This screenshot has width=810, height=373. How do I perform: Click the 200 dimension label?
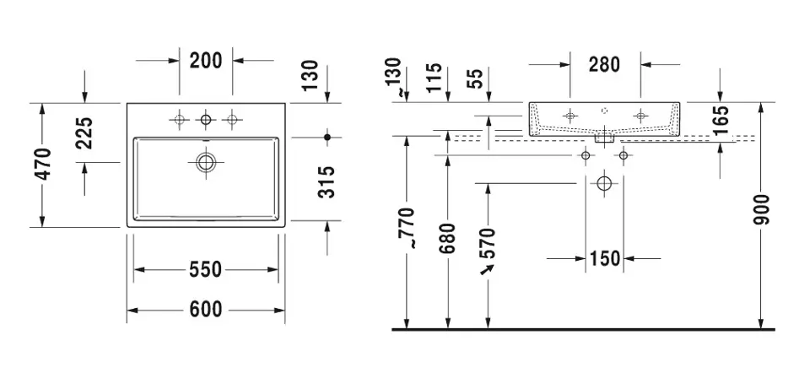(206, 61)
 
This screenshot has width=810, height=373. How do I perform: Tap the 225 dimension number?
(84, 132)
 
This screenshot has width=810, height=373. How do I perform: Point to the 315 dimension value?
(326, 181)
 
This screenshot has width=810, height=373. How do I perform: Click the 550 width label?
(206, 269)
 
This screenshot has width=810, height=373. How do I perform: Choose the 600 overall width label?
(206, 310)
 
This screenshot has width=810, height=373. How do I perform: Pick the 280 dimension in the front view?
(604, 65)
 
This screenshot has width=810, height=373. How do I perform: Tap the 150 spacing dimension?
(604, 258)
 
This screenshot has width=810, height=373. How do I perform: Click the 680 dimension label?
(447, 240)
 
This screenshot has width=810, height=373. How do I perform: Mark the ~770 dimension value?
(407, 229)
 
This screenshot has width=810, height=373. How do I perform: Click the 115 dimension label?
(435, 78)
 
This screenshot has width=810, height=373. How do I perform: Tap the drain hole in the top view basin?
(206, 162)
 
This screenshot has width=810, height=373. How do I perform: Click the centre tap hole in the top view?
(206, 120)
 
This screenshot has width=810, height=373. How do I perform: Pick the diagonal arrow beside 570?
(487, 269)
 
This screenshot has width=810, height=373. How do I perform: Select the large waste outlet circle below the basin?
(604, 183)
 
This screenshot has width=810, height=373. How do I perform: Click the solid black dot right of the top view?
(327, 137)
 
